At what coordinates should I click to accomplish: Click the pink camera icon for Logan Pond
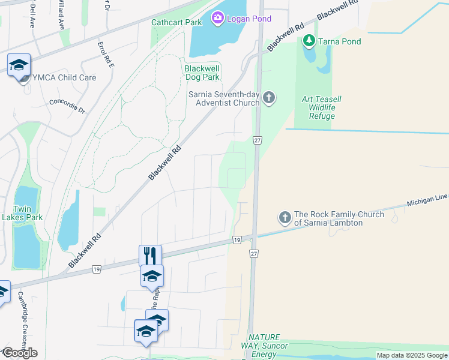click(217, 19)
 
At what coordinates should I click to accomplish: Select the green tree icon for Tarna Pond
click(309, 41)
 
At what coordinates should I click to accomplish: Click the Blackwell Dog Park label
click(202, 73)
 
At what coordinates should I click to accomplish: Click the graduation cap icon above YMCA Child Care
click(19, 64)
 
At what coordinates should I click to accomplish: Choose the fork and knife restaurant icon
click(150, 256)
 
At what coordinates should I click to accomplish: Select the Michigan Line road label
click(427, 200)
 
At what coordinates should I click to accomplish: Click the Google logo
click(19, 353)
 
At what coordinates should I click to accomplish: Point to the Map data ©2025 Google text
click(412, 355)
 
